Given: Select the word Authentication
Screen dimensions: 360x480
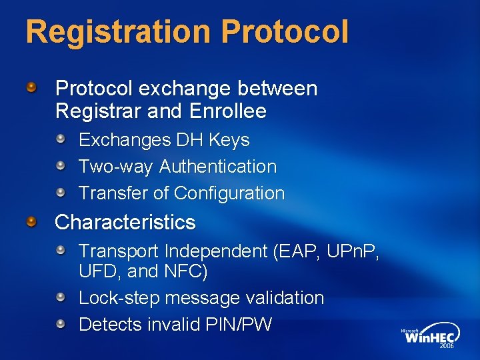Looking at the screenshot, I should tap(217, 167).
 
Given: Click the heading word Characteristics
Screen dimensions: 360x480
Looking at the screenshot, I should tap(125, 222).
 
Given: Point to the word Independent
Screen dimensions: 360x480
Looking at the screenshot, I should tap(215, 251).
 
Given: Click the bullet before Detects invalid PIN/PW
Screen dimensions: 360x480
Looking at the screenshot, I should tap(61, 324).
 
